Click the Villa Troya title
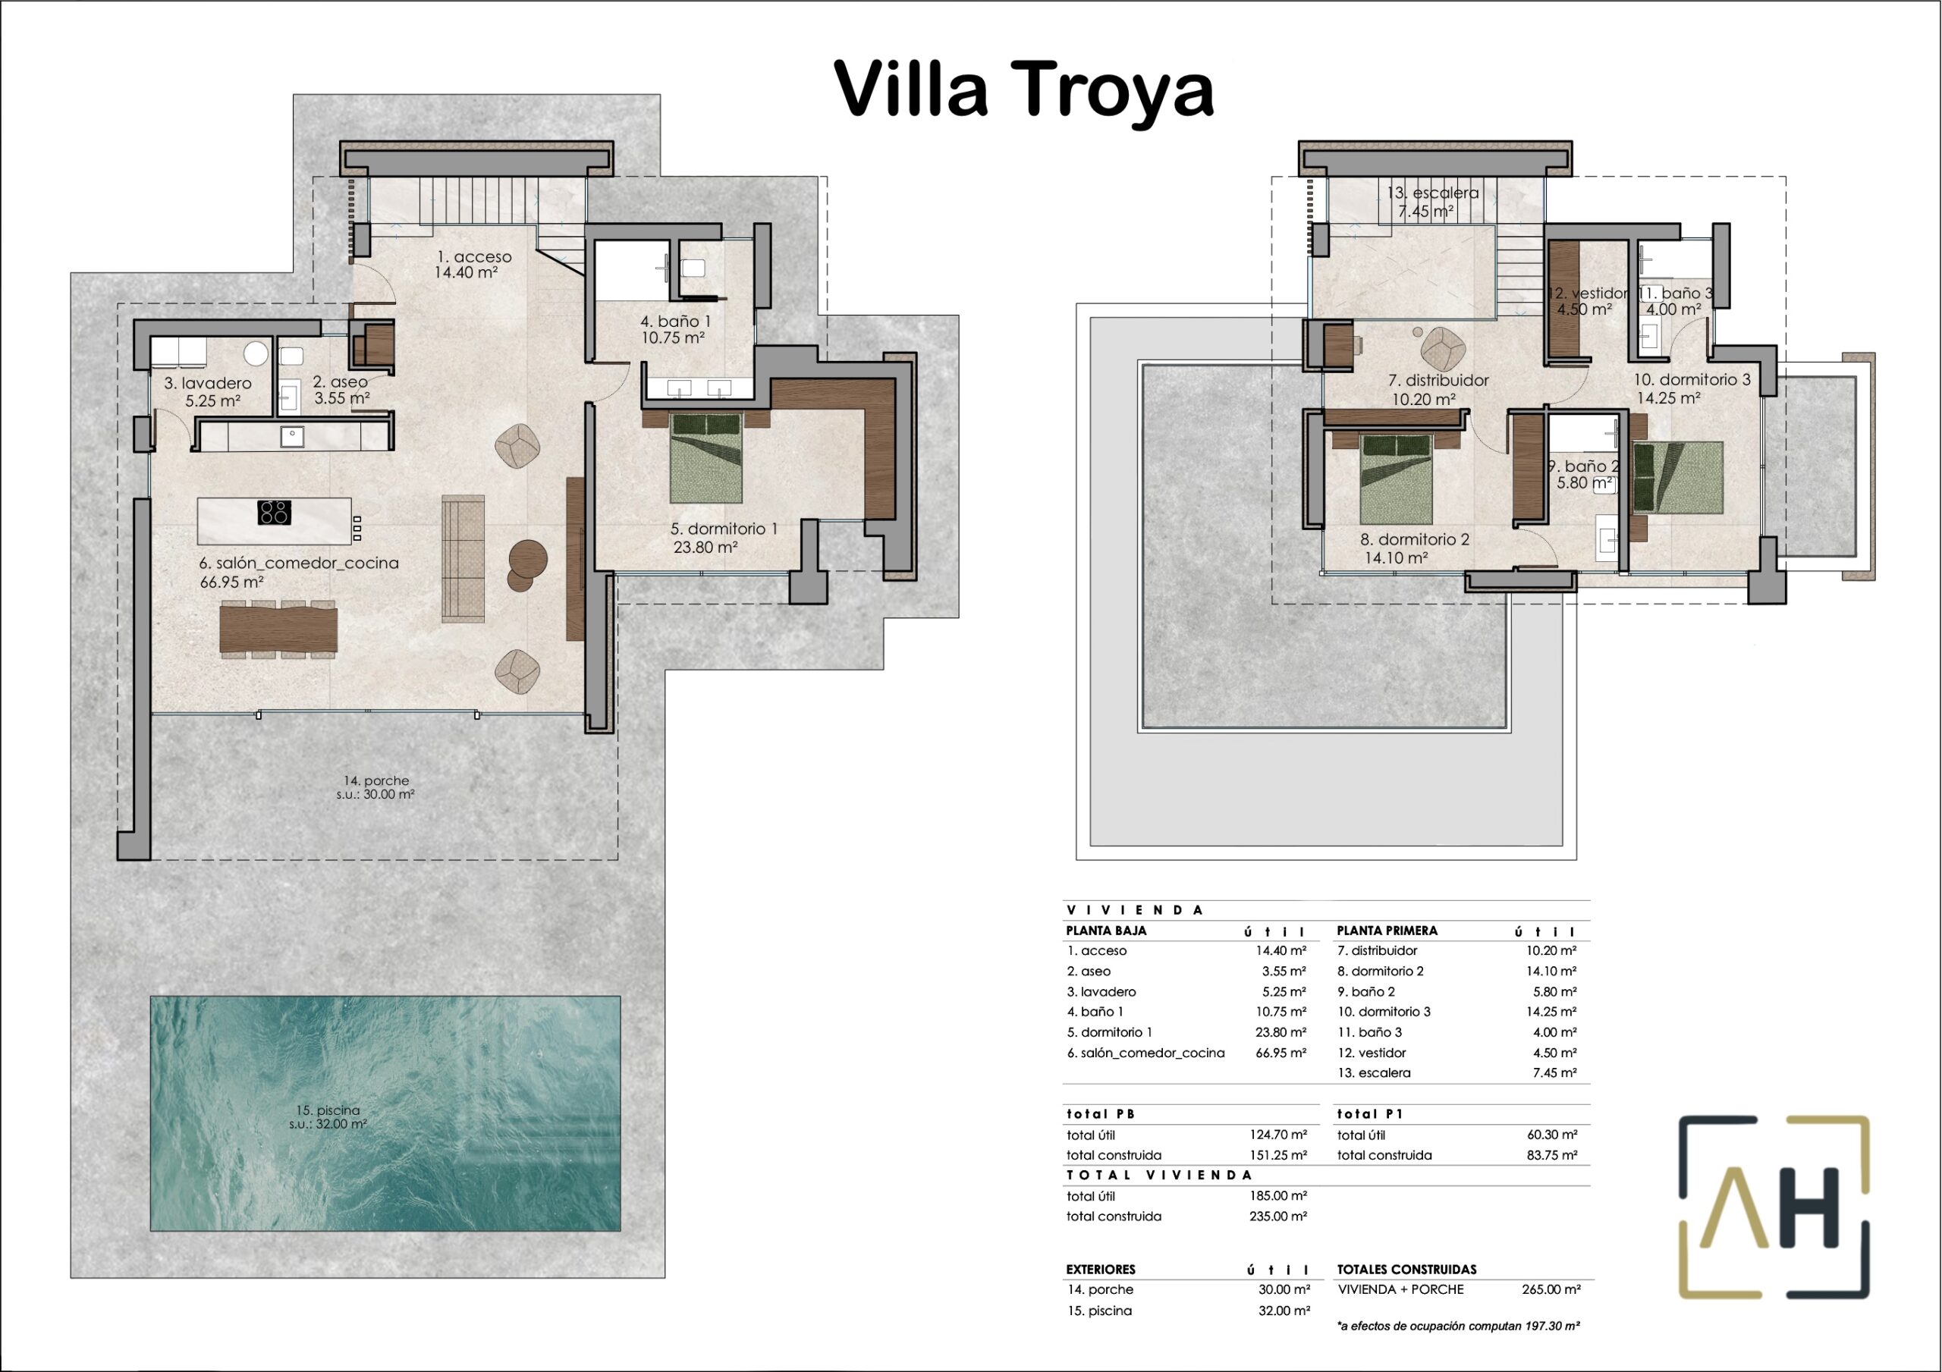(1024, 89)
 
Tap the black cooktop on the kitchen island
(274, 513)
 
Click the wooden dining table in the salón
(278, 629)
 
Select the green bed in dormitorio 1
(706, 457)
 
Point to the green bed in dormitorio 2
(1396, 479)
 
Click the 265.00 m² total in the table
(1551, 1290)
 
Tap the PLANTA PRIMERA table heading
(1387, 931)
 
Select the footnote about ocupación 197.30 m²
(1458, 1326)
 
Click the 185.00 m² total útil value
(1278, 1196)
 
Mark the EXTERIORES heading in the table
(1101, 1270)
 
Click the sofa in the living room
(464, 558)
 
